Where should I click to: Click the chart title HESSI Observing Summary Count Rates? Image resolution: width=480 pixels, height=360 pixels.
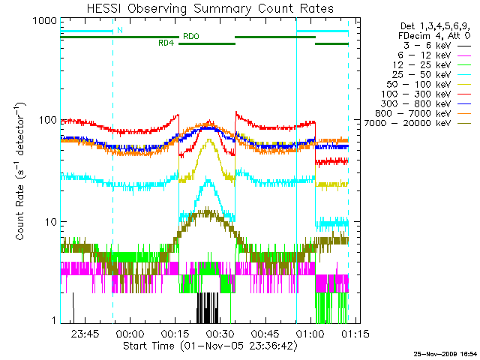203,8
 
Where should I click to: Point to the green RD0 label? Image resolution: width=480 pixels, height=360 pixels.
190,35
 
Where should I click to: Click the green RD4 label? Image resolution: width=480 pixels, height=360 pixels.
166,43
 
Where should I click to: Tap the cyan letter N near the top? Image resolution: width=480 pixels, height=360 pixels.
120,30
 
